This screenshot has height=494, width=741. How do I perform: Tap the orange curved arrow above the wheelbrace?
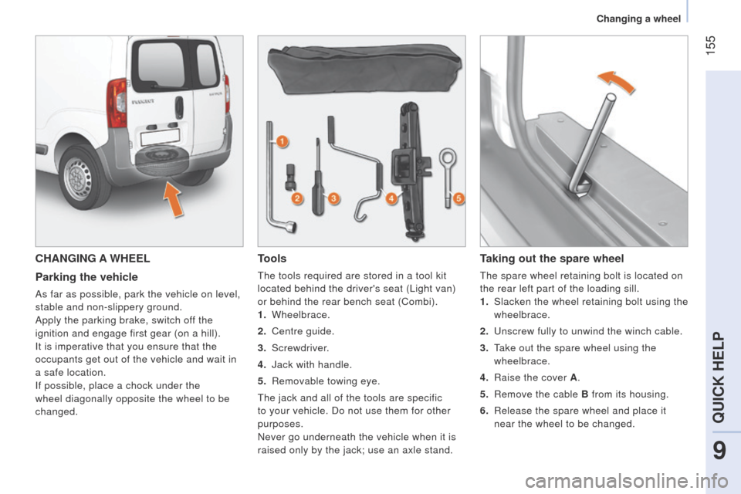(x=615, y=80)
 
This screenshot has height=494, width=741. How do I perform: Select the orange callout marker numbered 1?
(x=282, y=141)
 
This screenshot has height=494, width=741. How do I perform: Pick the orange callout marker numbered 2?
(x=297, y=198)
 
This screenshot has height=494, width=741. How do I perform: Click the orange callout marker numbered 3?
(x=333, y=198)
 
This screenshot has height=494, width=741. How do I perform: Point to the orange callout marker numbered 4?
(x=391, y=198)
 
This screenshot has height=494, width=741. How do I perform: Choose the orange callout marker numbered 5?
(x=458, y=198)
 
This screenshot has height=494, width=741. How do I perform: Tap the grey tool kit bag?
(x=364, y=69)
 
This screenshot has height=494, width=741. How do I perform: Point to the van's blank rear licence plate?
(x=161, y=137)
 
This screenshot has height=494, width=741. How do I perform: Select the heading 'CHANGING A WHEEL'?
(x=93, y=259)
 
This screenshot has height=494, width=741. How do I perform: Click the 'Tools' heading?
(x=272, y=259)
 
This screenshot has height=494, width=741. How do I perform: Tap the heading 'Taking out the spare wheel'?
(x=551, y=259)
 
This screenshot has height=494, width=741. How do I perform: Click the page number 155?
(x=710, y=46)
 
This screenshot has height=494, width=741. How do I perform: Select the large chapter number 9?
(x=719, y=451)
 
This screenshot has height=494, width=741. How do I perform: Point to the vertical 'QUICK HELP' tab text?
(x=719, y=377)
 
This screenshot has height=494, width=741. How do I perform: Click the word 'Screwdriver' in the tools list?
(x=299, y=348)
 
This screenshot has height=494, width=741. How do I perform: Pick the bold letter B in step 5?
(x=584, y=394)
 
